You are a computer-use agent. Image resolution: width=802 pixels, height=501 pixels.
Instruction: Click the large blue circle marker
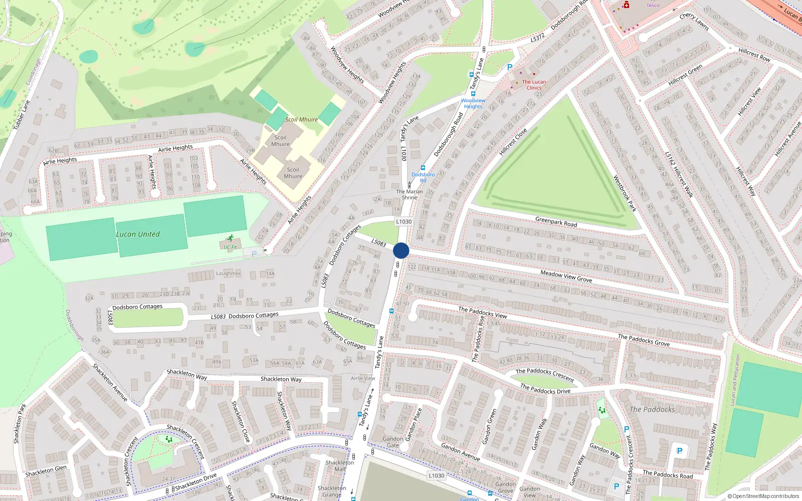point(401,250)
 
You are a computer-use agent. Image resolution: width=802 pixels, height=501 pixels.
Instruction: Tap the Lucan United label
point(138,234)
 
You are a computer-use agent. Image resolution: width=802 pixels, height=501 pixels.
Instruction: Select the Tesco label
point(653,6)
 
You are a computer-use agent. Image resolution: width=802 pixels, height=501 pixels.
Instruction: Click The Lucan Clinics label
point(534,85)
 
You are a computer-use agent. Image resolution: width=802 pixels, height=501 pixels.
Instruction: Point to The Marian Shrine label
point(410,194)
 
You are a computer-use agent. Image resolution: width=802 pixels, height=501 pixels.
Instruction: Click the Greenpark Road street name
point(556,221)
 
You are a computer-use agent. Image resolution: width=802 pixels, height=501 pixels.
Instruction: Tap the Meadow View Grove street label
point(566,276)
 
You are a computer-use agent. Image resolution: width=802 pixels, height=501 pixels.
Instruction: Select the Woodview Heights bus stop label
point(473,103)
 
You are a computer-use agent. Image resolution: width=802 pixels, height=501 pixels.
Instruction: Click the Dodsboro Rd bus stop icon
point(423,168)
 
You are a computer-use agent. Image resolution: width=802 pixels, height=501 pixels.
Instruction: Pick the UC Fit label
point(231,247)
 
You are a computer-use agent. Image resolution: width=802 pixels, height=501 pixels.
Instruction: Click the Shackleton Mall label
point(339,466)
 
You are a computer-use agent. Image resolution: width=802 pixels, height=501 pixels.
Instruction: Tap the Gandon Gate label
point(393,442)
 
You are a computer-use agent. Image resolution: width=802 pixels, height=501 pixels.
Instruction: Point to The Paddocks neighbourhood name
point(652,409)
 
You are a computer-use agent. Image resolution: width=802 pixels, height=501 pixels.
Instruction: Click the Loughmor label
point(228,274)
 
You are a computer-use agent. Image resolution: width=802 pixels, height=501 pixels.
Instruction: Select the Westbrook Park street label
point(625,193)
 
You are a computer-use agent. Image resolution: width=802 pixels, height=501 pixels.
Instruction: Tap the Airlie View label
point(363,378)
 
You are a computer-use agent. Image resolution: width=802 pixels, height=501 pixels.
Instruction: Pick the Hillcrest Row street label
point(754,55)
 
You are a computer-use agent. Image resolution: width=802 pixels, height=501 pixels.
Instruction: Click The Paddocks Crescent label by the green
point(545,374)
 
